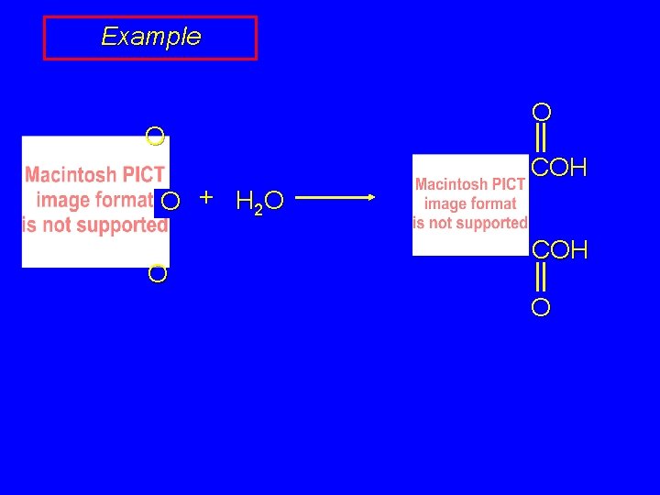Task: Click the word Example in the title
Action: click(x=150, y=37)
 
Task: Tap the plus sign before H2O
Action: click(x=207, y=197)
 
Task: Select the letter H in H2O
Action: click(x=245, y=200)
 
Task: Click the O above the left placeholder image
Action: click(x=155, y=138)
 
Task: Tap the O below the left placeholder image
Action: click(x=158, y=273)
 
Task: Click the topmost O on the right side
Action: click(x=542, y=113)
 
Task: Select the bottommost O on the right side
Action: click(x=541, y=308)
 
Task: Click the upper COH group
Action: click(x=559, y=168)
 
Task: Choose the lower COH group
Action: click(x=559, y=250)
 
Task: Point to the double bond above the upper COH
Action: click(x=541, y=138)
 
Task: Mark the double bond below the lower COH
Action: click(x=541, y=278)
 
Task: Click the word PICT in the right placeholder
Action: click(x=505, y=184)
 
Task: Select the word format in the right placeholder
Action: click(x=495, y=203)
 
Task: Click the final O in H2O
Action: click(x=275, y=200)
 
